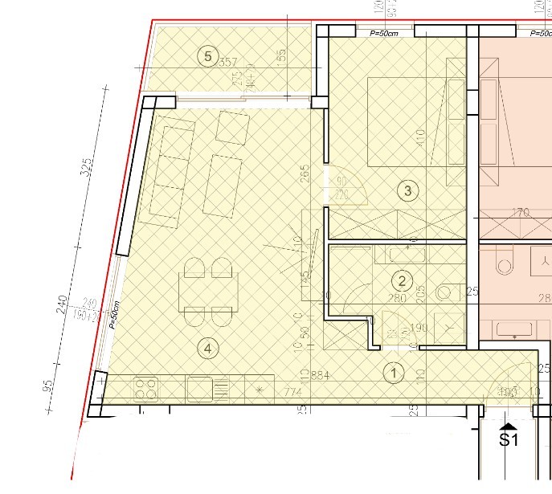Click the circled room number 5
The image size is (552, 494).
pos(208,55)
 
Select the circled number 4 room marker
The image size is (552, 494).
pos(208,349)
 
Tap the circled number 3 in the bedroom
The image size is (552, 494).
pos(408,190)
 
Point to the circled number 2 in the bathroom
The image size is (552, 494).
pos(402,280)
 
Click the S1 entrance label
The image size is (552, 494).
pos(509,439)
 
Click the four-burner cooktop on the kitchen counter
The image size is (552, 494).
pos(145,390)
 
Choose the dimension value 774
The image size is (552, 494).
pos(291,393)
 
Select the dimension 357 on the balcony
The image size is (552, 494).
pos(229,63)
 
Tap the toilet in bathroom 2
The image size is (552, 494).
pos(444,292)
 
